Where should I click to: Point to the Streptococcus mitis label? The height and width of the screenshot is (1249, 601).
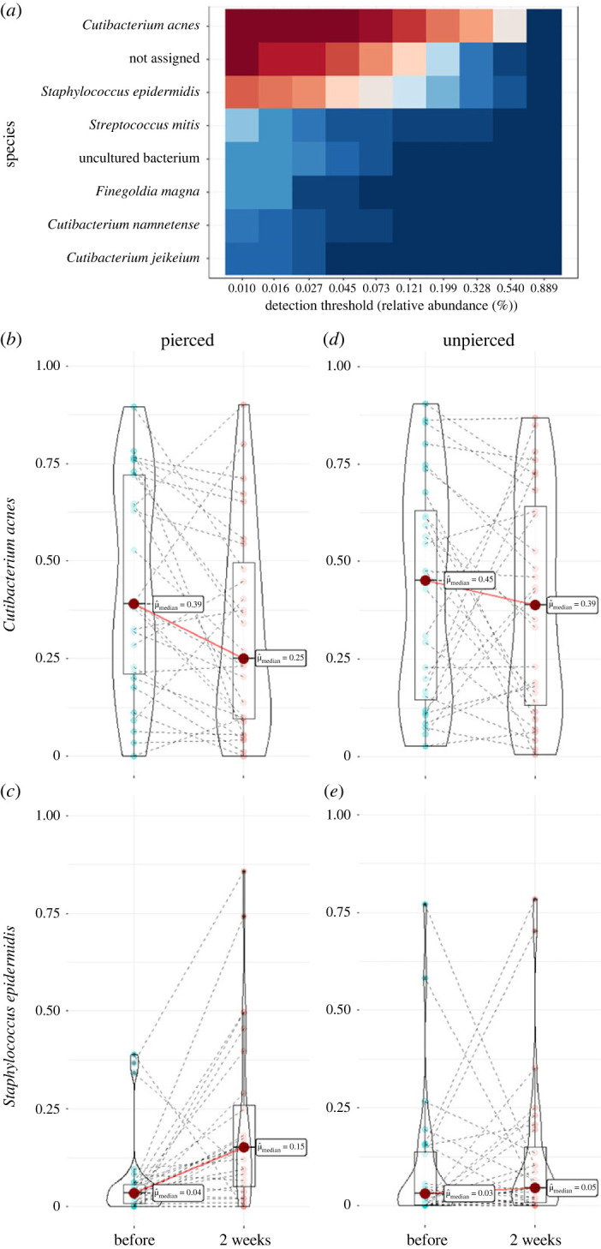157,125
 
